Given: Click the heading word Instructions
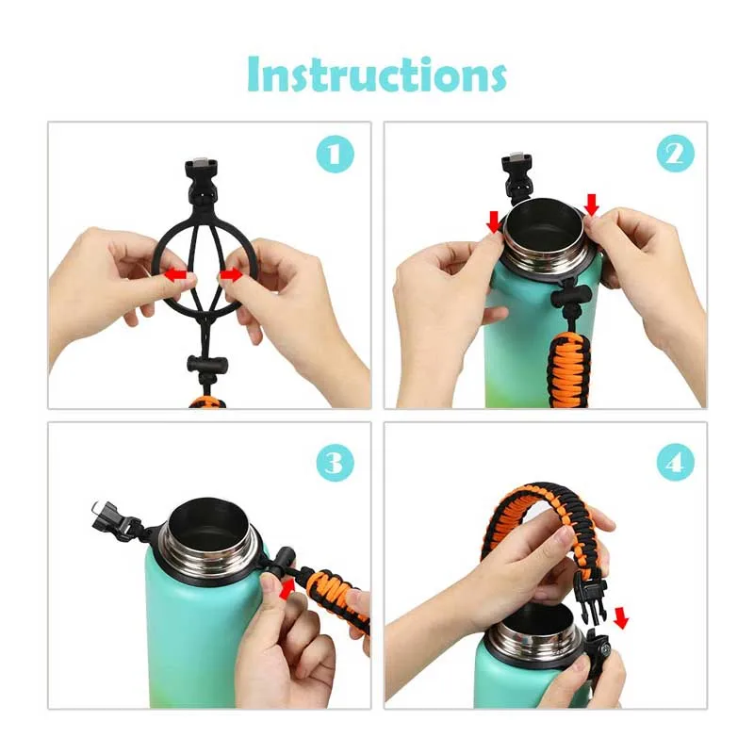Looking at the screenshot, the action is [376, 74].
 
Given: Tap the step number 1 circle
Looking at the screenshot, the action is [336, 154].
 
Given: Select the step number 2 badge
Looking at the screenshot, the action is [676, 154].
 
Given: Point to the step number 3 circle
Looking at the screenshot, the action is [336, 463].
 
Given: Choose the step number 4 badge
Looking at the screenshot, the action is [676, 463].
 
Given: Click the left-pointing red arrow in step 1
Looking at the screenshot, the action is [175, 275].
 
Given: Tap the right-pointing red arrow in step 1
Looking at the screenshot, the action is [232, 275].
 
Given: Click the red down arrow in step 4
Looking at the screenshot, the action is [621, 618].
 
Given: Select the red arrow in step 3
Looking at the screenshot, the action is [287, 589].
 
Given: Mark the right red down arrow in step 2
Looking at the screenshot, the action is [592, 205].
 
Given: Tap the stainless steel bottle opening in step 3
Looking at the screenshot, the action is [209, 526].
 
